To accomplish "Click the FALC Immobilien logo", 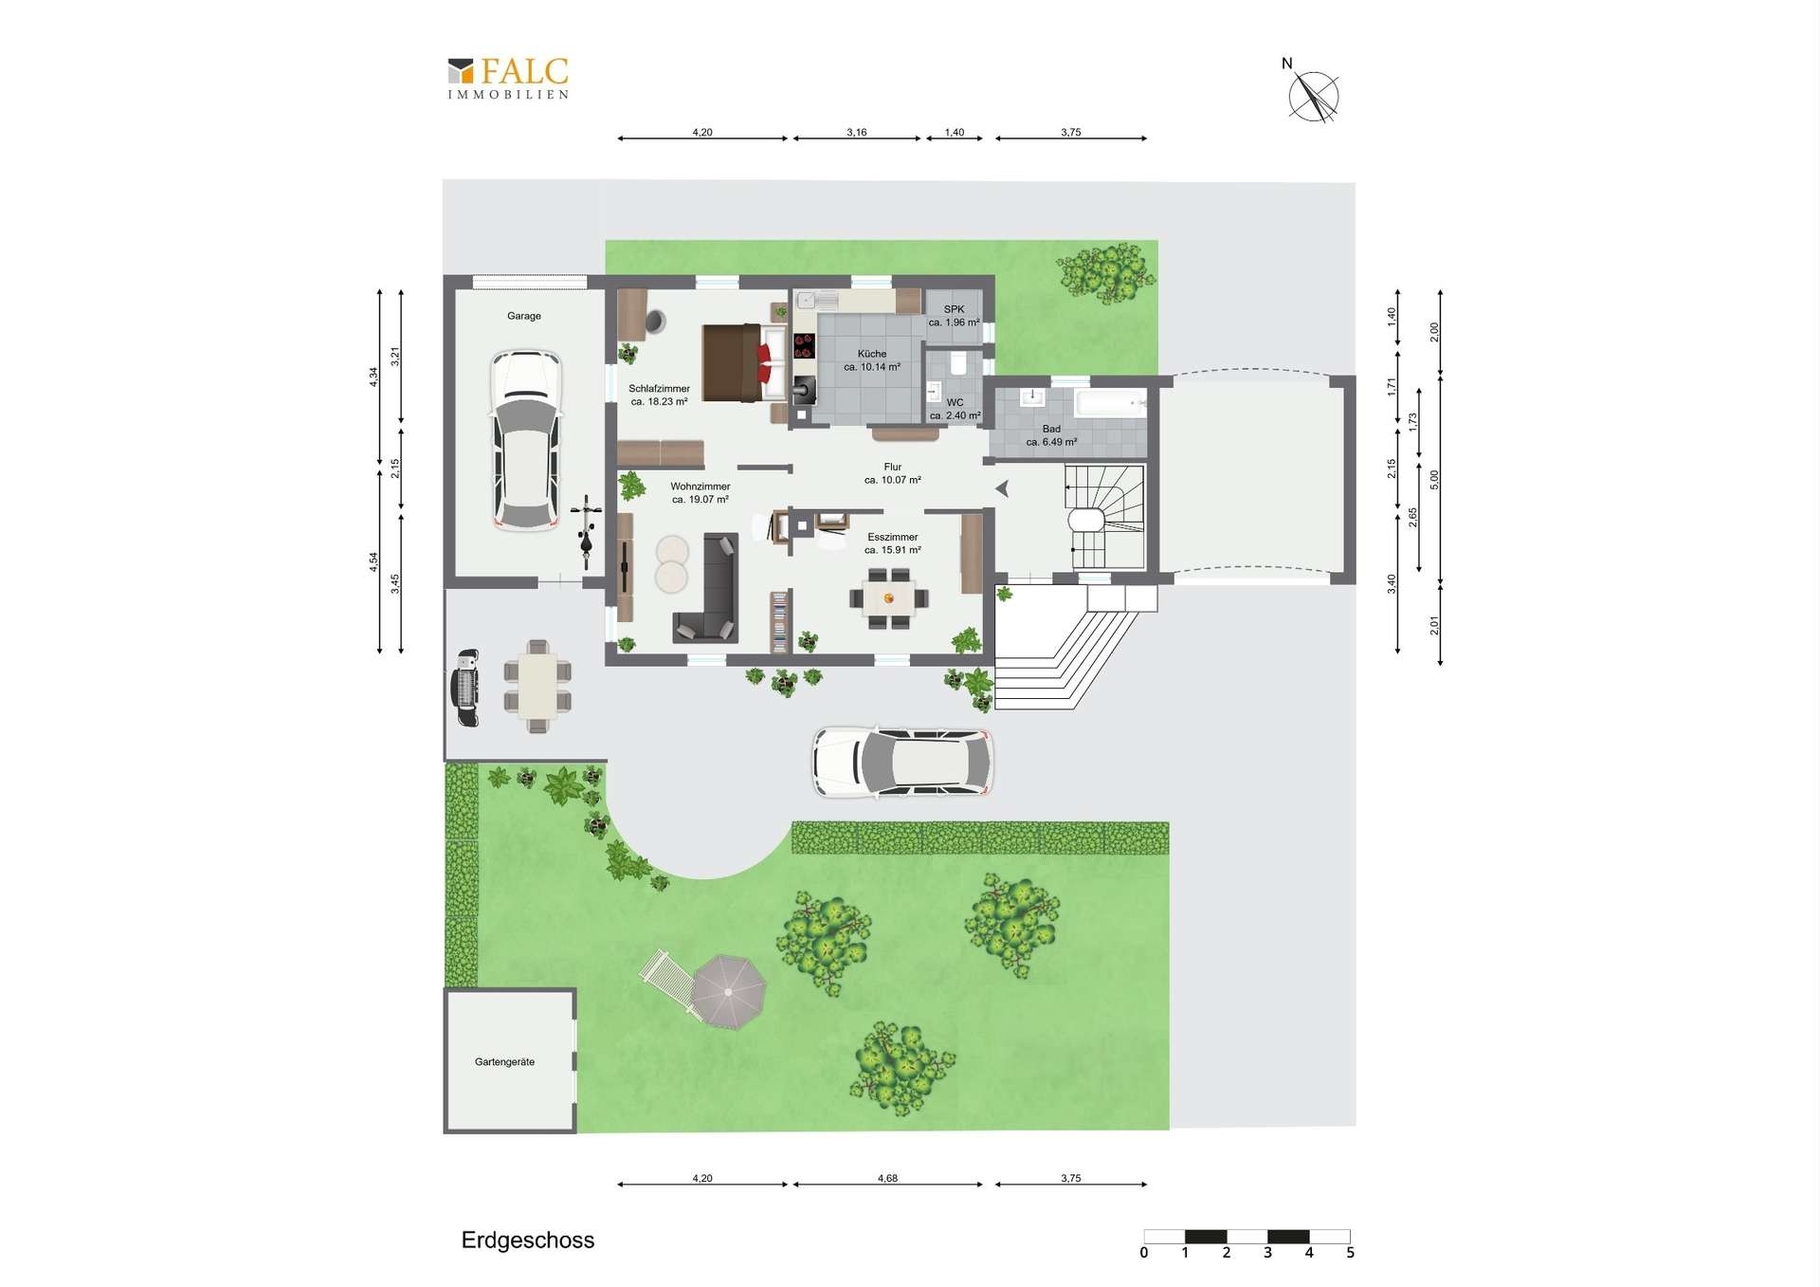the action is pyautogui.click(x=508, y=78).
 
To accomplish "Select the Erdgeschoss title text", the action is pyautogui.click(x=528, y=1241).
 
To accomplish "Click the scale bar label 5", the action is pyautogui.click(x=1350, y=1253).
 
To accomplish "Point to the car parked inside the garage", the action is pyautogui.click(x=525, y=441).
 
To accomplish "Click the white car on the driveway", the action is pyautogui.click(x=903, y=763).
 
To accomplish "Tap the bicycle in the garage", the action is pyautogui.click(x=586, y=532).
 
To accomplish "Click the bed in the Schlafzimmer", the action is pyautogui.click(x=744, y=363).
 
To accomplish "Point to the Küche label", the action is pyautogui.click(x=872, y=354).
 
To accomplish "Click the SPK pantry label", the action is pyautogui.click(x=954, y=309).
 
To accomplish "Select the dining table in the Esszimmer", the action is pyautogui.click(x=889, y=598).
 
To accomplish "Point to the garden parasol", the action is pyautogui.click(x=727, y=992).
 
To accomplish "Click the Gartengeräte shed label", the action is pyautogui.click(x=504, y=1062).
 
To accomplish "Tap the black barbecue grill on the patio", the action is pyautogui.click(x=466, y=688).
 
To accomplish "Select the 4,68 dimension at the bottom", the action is pyautogui.click(x=887, y=1179).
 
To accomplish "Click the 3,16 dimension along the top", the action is pyautogui.click(x=857, y=133).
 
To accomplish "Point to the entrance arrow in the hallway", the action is pyautogui.click(x=1001, y=488).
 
